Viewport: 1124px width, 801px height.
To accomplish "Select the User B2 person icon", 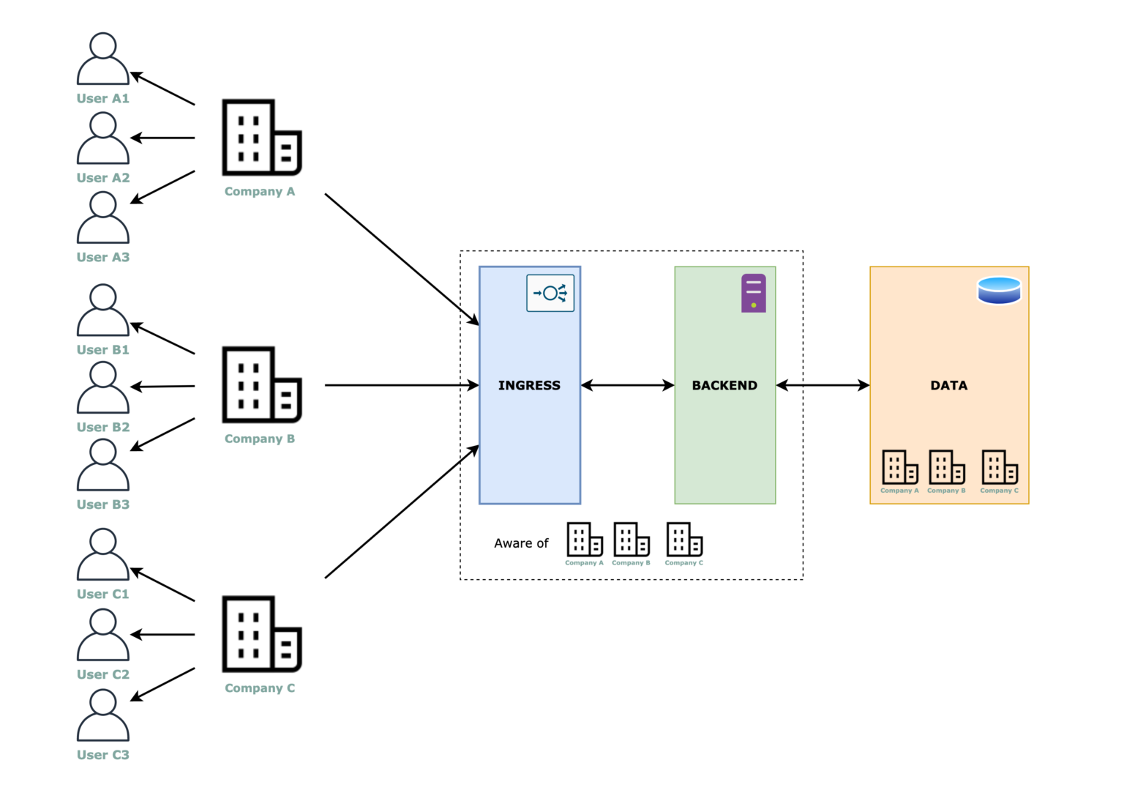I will (103, 387).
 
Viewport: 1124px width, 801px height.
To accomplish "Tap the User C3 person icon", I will (103, 715).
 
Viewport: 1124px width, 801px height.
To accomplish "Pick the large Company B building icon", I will (261, 385).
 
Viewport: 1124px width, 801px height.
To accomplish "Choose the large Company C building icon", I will (261, 634).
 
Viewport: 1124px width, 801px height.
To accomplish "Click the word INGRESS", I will (529, 385).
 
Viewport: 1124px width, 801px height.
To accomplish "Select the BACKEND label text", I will (724, 385).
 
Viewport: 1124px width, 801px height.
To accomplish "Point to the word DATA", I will (948, 385).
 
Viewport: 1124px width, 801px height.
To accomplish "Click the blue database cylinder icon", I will (999, 290).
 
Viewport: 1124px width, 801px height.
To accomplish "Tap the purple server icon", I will (753, 293).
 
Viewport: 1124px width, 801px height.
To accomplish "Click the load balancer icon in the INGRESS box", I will (550, 294).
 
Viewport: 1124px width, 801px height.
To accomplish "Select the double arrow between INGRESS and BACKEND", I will (627, 385).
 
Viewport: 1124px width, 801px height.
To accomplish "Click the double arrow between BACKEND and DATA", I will (823, 385).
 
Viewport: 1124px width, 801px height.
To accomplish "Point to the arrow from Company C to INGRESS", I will (401, 512).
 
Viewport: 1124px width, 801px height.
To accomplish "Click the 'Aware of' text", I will (521, 543).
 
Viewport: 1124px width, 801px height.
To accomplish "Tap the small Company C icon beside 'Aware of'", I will (684, 540).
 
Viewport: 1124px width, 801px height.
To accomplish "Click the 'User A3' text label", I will (103, 257).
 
